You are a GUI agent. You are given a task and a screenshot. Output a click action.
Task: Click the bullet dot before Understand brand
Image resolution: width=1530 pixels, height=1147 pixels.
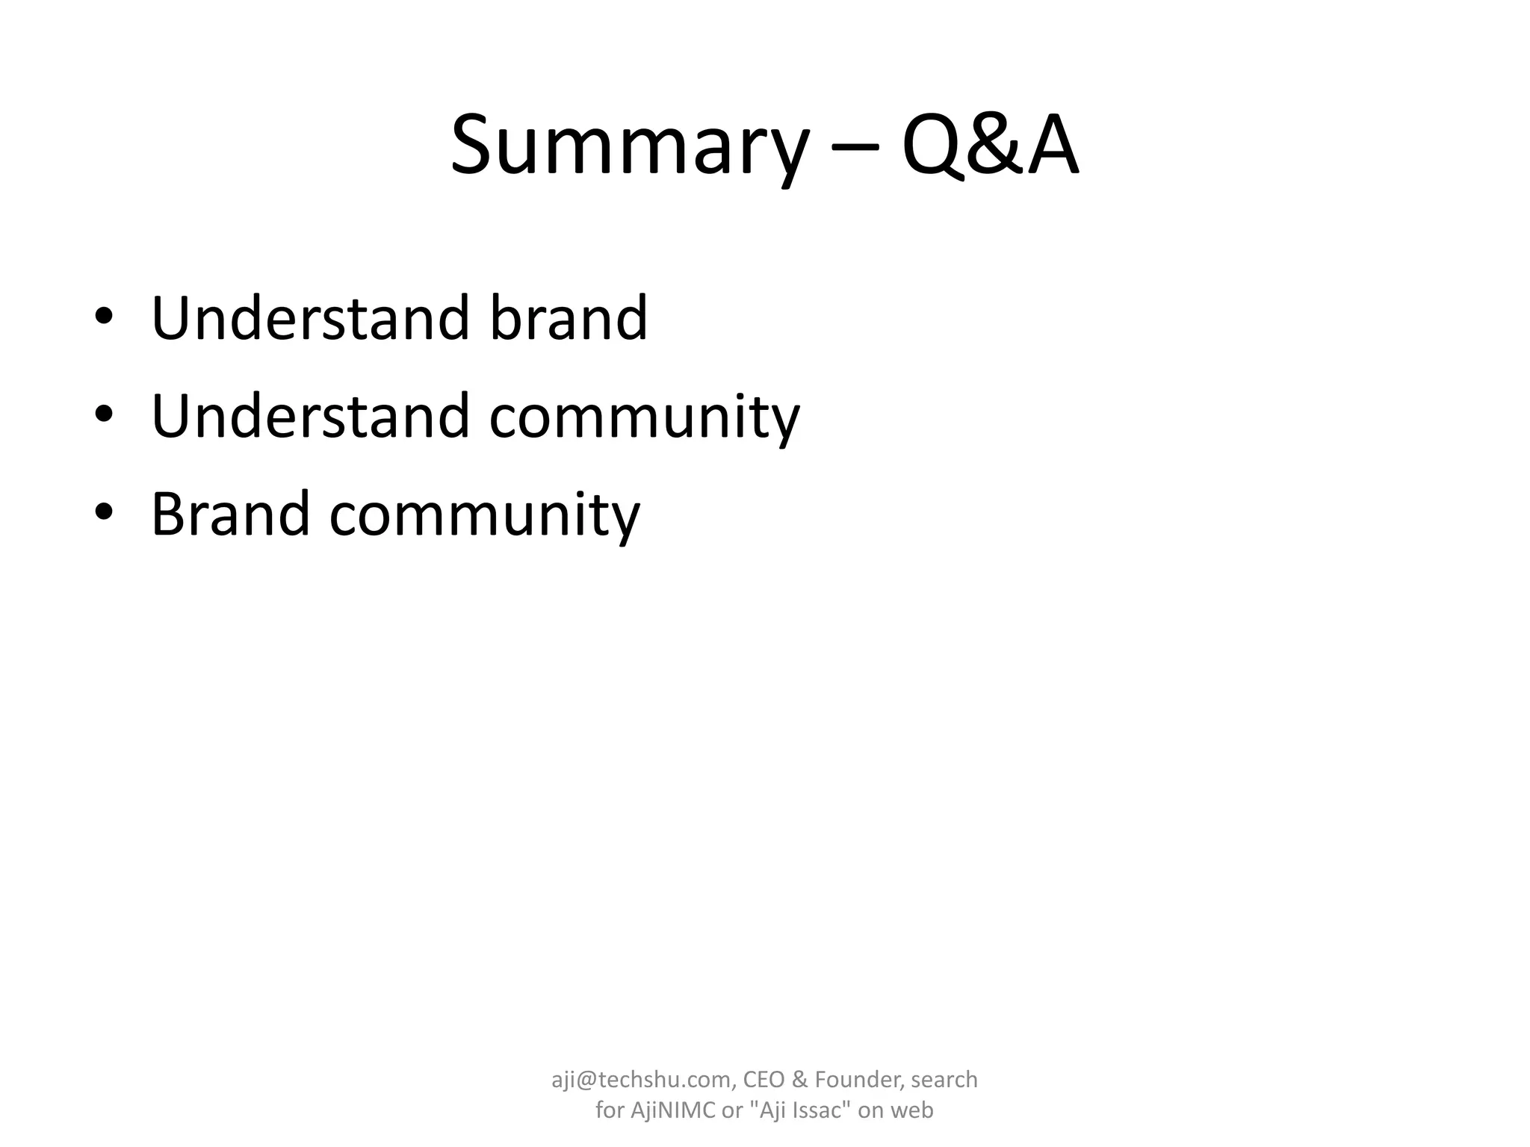(104, 317)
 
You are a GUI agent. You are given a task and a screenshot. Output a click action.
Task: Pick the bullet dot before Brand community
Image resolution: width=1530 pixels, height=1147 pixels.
(104, 512)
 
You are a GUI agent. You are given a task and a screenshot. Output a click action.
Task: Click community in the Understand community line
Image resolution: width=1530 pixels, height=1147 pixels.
(644, 418)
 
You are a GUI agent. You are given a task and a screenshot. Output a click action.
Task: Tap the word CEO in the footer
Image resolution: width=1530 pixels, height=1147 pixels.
(763, 1080)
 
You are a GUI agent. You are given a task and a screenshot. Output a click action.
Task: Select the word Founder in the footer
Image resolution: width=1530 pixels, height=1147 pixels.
(858, 1080)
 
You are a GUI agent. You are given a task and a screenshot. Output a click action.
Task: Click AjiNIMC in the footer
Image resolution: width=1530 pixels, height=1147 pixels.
(673, 1110)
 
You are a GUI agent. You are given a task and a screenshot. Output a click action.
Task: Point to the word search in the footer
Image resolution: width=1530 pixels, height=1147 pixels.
(944, 1080)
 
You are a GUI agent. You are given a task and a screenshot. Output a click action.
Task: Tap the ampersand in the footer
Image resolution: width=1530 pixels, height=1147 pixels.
(799, 1080)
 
